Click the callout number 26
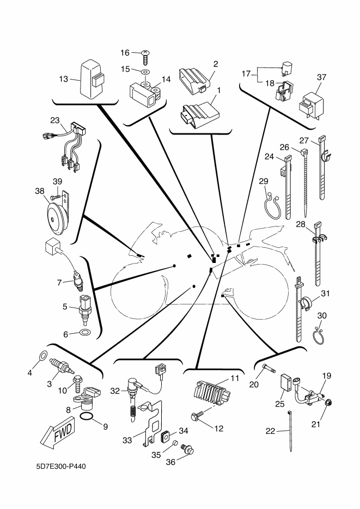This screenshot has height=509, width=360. (284, 146)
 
